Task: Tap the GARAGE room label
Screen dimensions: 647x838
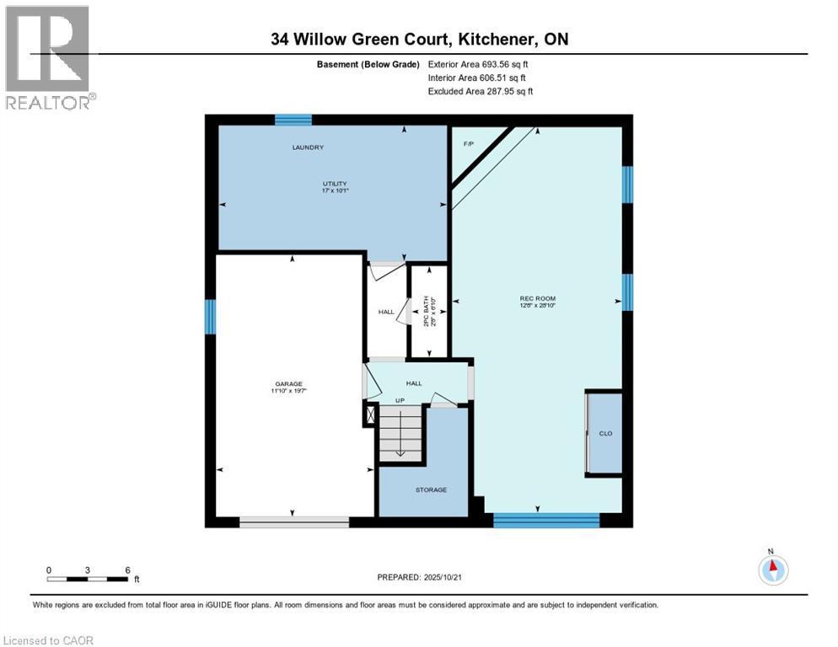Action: [x=292, y=384]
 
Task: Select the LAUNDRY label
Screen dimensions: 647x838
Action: [x=308, y=147]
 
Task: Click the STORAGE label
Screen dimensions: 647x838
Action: [x=430, y=489]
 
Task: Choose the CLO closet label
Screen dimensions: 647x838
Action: [x=604, y=433]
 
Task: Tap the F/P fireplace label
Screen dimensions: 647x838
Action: [x=469, y=144]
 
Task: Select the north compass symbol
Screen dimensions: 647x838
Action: [x=773, y=569]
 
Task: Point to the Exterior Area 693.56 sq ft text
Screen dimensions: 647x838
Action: [x=478, y=63]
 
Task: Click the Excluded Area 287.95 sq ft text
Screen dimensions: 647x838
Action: [x=480, y=91]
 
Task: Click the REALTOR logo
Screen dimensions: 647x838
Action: [x=48, y=57]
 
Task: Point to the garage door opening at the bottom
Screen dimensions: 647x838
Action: [x=293, y=522]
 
